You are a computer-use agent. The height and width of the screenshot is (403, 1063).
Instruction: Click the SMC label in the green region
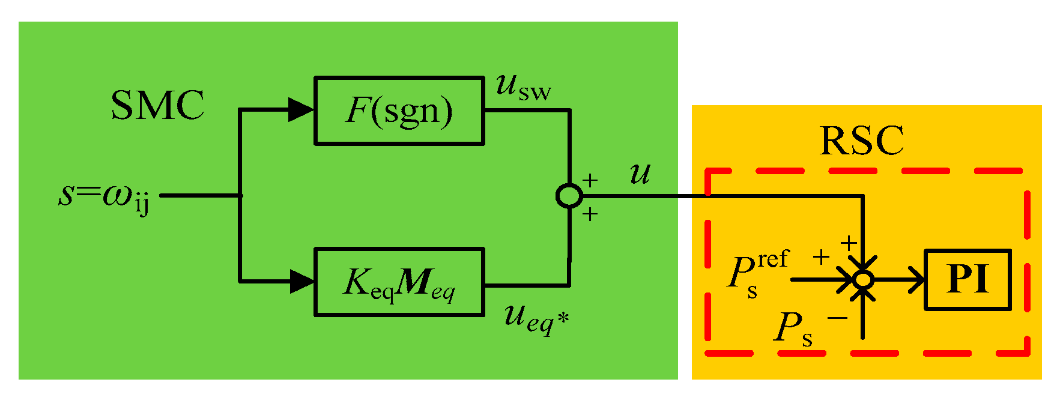point(157,106)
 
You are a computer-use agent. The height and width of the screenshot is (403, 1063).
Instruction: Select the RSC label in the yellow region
point(861,141)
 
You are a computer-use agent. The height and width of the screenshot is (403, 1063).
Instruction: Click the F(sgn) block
point(399,111)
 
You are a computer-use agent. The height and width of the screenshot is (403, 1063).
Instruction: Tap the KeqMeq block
point(399,282)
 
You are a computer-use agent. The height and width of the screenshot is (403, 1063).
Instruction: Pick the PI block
point(967,280)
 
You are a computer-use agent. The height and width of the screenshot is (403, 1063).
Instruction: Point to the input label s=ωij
point(104,196)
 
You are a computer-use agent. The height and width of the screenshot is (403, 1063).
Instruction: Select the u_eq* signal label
point(536,318)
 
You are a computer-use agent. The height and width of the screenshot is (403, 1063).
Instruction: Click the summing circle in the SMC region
point(569,196)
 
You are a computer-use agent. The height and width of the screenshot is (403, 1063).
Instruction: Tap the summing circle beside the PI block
point(863,280)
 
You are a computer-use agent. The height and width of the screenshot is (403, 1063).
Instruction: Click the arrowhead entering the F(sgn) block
point(301,110)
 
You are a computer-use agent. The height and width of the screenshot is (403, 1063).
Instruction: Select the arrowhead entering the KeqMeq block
point(301,281)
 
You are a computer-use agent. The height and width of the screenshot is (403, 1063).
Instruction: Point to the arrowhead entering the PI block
point(916,280)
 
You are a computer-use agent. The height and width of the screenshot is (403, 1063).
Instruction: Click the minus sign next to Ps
point(837,317)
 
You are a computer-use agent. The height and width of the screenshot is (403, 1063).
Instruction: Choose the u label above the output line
point(640,174)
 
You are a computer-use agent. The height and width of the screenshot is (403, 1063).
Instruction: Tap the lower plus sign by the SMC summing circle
point(590,214)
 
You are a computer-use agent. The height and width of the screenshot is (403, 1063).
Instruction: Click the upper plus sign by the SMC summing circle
point(590,180)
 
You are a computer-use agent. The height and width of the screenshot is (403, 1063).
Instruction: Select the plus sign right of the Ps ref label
point(821,257)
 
